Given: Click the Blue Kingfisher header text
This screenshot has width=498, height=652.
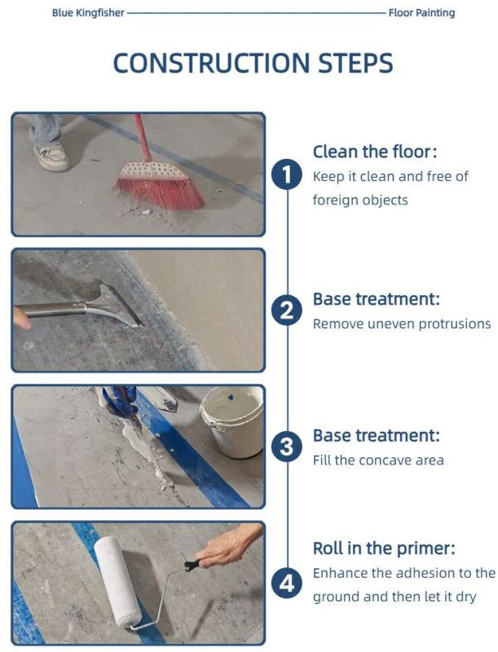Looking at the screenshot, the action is pos(88,13).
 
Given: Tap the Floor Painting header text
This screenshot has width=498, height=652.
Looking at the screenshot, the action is pos(421,13).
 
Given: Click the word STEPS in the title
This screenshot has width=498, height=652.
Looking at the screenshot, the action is pos(355,64).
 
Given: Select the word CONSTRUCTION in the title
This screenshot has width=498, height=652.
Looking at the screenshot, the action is pos(212,64).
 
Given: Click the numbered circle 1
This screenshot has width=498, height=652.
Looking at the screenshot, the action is pos(287,175).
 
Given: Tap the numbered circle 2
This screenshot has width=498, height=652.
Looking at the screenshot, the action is pos(287,311).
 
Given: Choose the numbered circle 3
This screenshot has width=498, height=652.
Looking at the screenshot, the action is pos(287,447).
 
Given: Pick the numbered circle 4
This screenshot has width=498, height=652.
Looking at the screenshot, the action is pos(287,583).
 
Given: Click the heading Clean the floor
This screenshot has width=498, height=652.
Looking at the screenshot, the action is pos(375,152).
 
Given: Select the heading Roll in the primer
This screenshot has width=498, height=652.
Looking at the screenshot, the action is pos(384,548).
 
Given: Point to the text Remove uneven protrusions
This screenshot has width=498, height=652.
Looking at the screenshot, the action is pos(402,324).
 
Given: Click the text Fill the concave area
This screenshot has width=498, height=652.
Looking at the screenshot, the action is pos(378,460).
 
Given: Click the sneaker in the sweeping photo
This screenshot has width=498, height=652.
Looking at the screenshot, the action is pos(51,156).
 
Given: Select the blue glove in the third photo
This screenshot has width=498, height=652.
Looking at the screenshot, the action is pos(118,399).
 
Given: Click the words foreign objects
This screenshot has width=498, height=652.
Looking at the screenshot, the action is pos(360,200).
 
